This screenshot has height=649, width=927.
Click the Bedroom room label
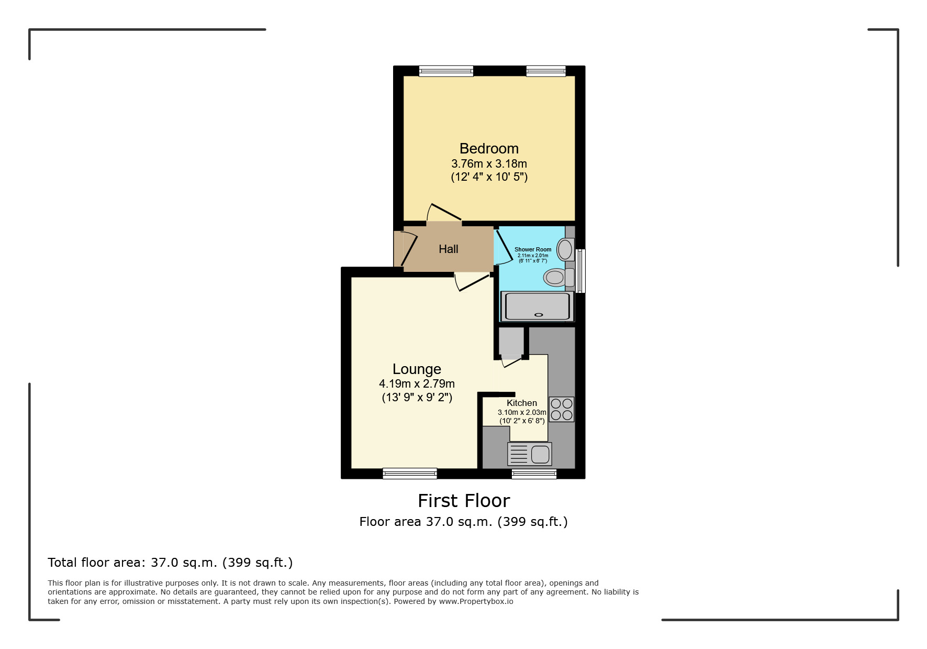[x=489, y=149]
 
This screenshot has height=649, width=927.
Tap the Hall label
[x=448, y=249]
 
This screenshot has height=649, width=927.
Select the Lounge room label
[x=417, y=369]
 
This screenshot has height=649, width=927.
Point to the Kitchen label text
[x=521, y=403]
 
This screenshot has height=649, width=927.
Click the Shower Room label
[x=532, y=250]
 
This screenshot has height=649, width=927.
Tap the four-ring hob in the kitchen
[x=561, y=410]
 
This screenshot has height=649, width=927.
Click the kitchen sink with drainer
[x=529, y=454]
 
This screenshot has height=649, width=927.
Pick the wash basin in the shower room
[x=565, y=249]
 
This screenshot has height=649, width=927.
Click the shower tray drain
[x=539, y=315]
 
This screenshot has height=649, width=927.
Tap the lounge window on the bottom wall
[x=409, y=474]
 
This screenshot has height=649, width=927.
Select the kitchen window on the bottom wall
[x=534, y=474]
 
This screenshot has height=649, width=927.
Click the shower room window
[x=580, y=271]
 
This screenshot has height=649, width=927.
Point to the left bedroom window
[x=446, y=71]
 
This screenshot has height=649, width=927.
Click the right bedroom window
[x=545, y=71]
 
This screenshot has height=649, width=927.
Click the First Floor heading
[x=463, y=501]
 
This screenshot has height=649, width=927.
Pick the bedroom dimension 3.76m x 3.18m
[x=489, y=164]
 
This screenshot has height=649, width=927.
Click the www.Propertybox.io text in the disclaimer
[x=476, y=601]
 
